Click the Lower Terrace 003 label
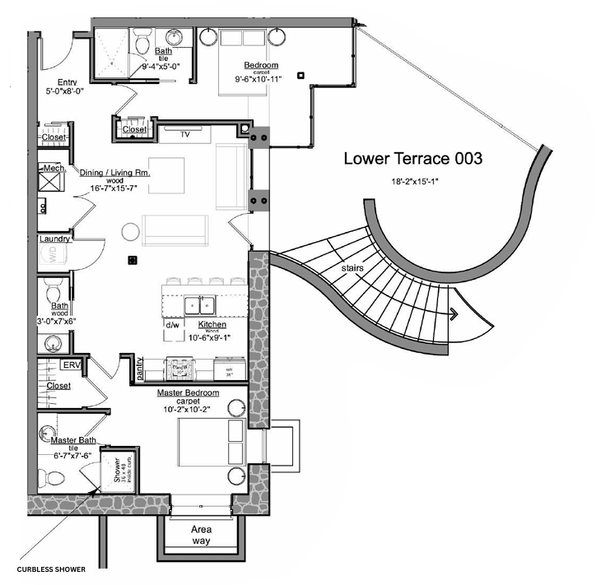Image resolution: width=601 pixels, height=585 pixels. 412,159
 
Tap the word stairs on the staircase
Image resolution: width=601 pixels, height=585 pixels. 353,269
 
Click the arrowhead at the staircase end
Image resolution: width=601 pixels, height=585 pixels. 453,313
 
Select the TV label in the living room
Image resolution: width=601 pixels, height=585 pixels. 185,133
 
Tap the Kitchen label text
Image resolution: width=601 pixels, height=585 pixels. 212,325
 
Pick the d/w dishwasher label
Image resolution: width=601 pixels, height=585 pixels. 173,325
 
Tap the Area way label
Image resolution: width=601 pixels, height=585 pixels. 200,535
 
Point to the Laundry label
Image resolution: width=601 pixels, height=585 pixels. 54,239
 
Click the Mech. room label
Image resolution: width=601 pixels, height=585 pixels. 54,169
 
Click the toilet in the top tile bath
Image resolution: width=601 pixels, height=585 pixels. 142,39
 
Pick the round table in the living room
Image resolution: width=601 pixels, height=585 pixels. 131,231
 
